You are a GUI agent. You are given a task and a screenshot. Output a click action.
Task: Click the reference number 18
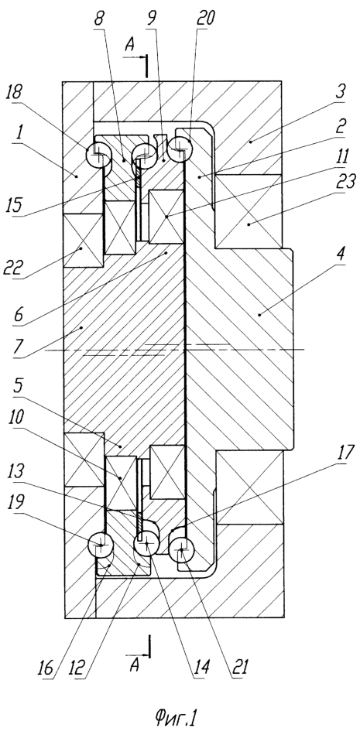(x=15, y=92)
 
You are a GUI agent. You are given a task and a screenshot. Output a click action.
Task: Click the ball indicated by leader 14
(x=146, y=544)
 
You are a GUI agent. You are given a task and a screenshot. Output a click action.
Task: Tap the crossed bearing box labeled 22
(x=83, y=241)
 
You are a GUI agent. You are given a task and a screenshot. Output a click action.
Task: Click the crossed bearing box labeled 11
(x=166, y=217)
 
